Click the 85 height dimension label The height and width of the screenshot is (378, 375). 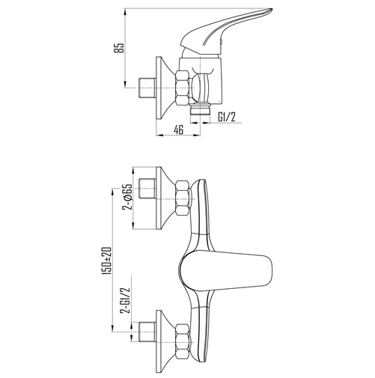(121, 48)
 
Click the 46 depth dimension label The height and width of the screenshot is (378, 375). (178, 129)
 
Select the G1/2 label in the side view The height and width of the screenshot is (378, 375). (227, 117)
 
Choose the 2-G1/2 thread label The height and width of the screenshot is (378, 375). (126, 300)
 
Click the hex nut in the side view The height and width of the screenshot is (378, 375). (182, 88)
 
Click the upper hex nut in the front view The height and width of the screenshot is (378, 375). (182, 198)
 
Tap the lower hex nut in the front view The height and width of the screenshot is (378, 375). (182, 341)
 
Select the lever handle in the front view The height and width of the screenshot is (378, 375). (226, 272)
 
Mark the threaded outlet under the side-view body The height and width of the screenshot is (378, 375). (200, 109)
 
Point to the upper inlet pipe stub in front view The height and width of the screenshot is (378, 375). (147, 189)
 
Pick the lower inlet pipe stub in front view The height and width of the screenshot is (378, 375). (147, 332)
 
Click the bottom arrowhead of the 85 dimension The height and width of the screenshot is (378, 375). (125, 84)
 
